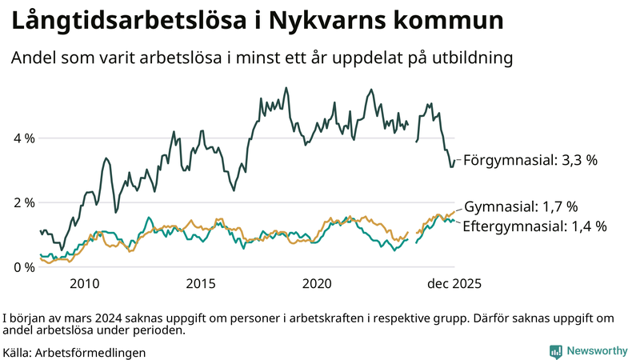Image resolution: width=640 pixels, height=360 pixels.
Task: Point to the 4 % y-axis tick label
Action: pyautogui.click(x=23, y=138)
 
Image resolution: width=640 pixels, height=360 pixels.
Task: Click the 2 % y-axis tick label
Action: pyautogui.click(x=23, y=202)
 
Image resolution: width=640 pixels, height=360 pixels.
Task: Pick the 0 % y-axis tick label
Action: pyautogui.click(x=23, y=267)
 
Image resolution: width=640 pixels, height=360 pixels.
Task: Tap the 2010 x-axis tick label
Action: pyautogui.click(x=85, y=284)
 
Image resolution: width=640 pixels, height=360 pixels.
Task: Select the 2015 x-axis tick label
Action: pyautogui.click(x=201, y=284)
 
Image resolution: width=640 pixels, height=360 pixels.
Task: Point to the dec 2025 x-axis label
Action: pyautogui.click(x=454, y=284)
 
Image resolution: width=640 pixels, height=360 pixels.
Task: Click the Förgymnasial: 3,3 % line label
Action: pyautogui.click(x=530, y=160)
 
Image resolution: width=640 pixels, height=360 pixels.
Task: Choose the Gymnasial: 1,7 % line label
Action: pyautogui.click(x=521, y=206)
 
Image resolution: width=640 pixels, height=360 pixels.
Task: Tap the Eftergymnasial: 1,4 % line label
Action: pyautogui.click(x=534, y=226)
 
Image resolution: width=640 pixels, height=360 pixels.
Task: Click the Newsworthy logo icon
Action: pyautogui.click(x=555, y=351)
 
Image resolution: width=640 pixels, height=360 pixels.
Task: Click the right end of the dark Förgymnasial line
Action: pyautogui.click(x=454, y=161)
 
